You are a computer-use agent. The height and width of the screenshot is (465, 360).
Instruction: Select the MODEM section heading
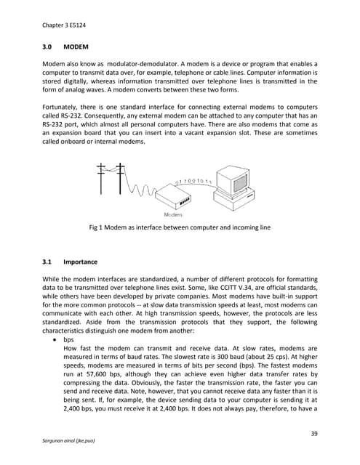76,46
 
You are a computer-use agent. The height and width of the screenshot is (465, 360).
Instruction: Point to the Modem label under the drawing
172,215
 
